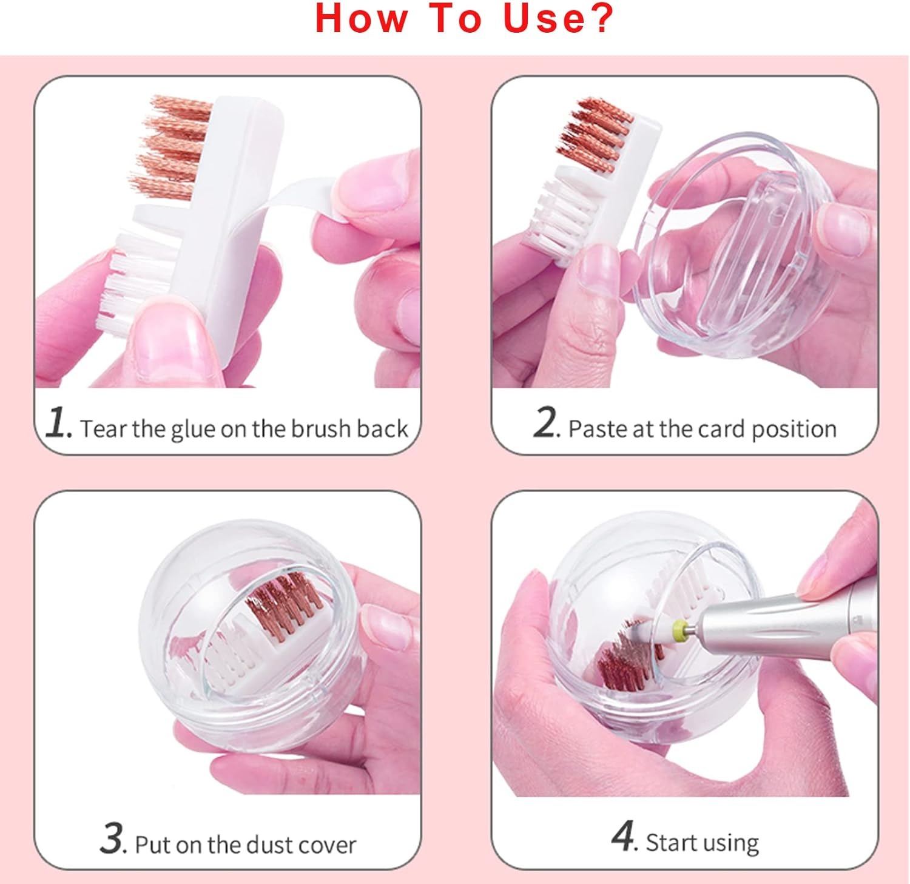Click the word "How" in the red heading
click(361, 18)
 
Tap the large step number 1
click(59, 422)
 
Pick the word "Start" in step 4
click(669, 843)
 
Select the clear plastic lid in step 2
click(734, 243)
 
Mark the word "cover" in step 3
click(329, 845)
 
